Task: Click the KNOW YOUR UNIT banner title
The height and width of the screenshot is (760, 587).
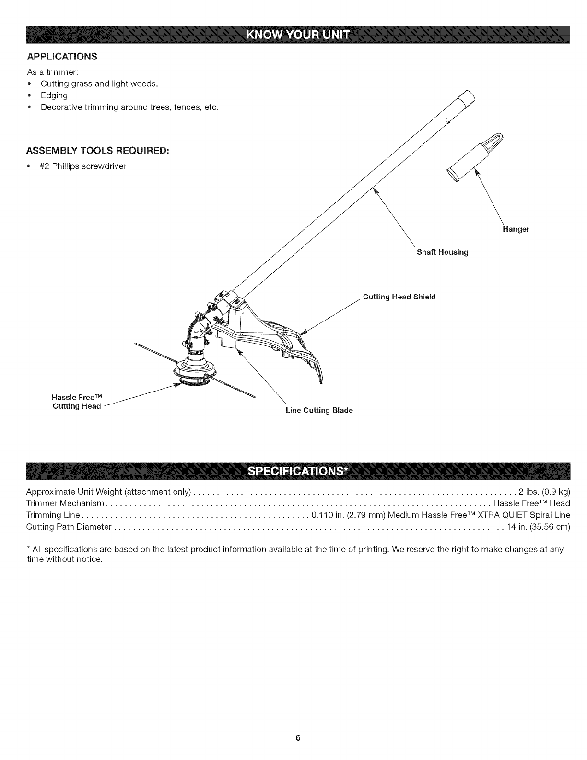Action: click(297, 35)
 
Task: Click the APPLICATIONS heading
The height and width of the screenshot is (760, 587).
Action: click(62, 57)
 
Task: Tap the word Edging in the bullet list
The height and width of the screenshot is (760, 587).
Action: click(54, 95)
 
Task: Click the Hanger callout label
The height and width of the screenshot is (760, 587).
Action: click(516, 229)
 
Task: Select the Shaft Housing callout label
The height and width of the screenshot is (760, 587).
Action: click(442, 252)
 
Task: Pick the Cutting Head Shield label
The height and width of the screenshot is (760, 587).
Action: click(399, 297)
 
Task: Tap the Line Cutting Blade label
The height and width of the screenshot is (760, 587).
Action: click(319, 411)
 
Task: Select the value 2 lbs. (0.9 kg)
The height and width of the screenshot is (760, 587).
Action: click(544, 492)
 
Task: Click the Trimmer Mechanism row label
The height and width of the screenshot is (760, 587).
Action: click(65, 503)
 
